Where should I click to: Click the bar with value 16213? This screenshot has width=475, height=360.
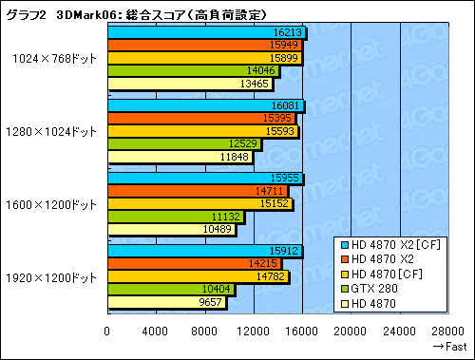tap(205, 31)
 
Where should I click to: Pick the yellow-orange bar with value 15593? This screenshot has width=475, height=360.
tap(202, 131)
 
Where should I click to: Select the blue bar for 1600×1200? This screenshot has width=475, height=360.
tap(204, 178)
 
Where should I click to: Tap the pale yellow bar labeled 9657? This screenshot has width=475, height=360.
tap(166, 303)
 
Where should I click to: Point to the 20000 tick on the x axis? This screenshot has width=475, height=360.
tap(351, 331)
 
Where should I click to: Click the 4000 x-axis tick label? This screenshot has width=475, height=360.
tap(156, 331)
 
